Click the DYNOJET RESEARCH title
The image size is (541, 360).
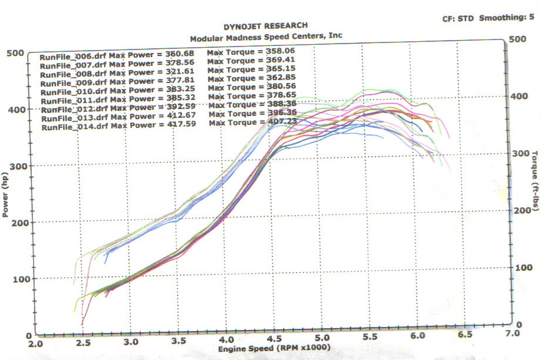coord(265,26)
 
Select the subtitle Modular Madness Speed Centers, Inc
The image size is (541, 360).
coord(265,36)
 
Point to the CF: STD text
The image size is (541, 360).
coord(458,18)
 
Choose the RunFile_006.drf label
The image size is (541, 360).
coord(73,58)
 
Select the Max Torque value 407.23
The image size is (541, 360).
coord(279,121)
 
